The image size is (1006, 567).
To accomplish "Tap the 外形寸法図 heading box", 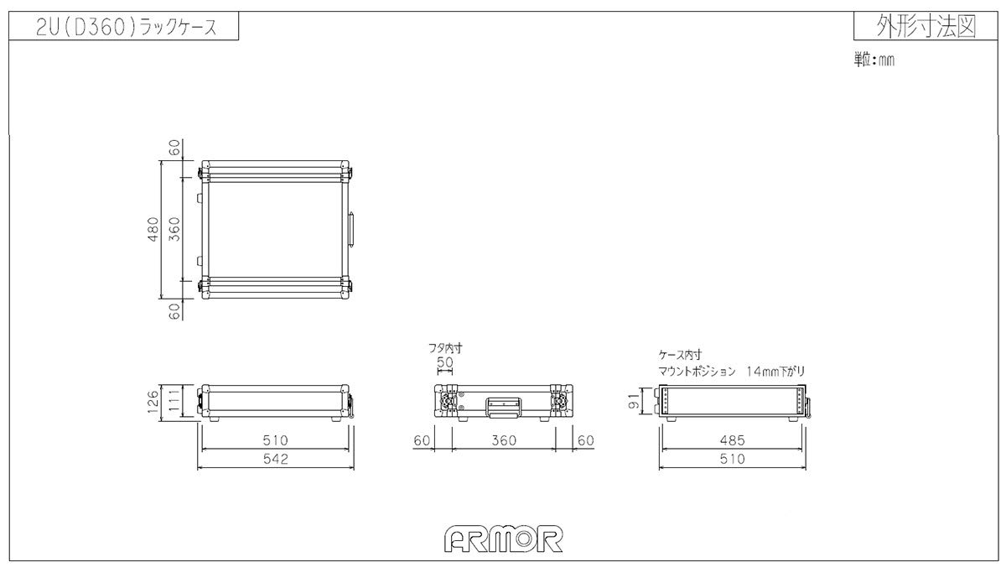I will (925, 27).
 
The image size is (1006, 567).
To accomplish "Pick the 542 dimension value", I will (276, 460).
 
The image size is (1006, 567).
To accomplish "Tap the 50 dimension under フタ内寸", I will (445, 362).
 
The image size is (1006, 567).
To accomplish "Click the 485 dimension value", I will (733, 439).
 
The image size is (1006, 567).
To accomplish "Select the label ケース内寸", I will (680, 355).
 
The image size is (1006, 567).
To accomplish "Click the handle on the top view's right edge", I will (352, 229).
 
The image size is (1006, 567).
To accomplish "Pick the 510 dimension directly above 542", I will (276, 439).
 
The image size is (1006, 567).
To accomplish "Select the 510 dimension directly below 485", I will (733, 460).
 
